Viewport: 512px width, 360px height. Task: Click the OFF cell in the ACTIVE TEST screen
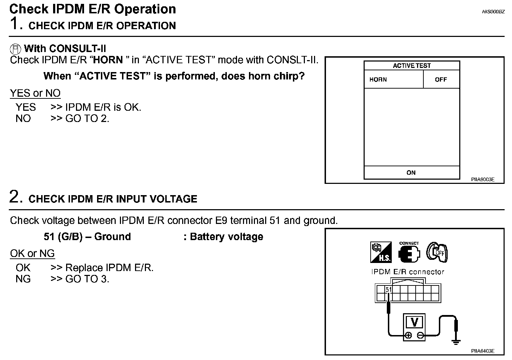[441, 79]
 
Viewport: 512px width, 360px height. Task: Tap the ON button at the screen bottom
[411, 173]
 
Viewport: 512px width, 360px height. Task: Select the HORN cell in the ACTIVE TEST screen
[378, 79]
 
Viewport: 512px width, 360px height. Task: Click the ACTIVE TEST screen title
[411, 65]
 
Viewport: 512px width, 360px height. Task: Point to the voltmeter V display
[414, 322]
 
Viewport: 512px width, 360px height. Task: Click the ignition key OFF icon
[437, 252]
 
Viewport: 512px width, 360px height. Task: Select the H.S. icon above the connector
[380, 252]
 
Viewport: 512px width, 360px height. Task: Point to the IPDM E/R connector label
[408, 272]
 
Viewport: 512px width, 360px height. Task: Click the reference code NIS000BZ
[493, 12]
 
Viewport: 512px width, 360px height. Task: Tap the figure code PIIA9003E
[482, 179]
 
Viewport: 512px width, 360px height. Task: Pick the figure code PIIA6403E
[482, 351]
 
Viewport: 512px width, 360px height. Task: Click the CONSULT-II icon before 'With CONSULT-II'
[15, 49]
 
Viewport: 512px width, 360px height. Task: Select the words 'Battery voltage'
[226, 237]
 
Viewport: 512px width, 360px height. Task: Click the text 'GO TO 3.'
[87, 279]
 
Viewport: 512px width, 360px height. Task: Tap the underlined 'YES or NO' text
[35, 93]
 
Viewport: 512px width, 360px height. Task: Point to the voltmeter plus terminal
[408, 335]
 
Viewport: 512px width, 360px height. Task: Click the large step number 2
[16, 197]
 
